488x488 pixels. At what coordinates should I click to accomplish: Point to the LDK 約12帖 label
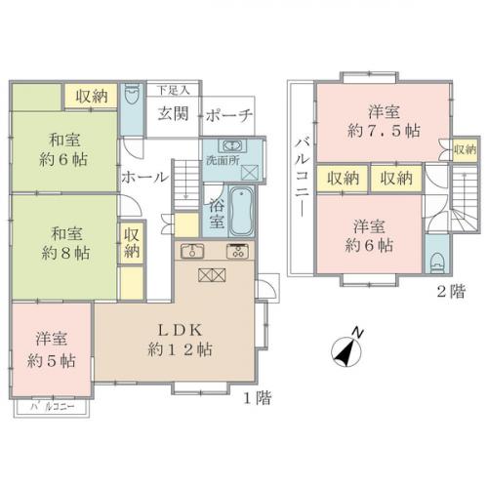[x=176, y=338]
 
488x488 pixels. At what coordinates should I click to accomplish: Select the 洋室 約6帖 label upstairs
[x=375, y=232]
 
